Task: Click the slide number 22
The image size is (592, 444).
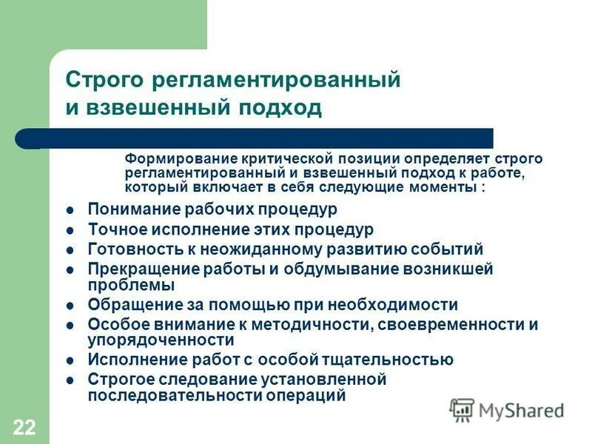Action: pos(24,425)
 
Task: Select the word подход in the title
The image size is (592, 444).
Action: pos(278,108)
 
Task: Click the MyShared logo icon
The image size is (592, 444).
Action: pos(462,409)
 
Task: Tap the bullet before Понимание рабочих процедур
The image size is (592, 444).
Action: pos(70,210)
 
